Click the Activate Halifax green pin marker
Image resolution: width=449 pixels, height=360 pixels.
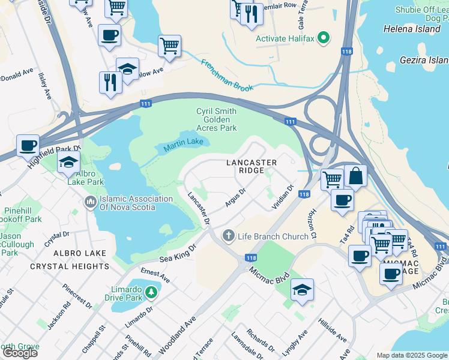point(324,38)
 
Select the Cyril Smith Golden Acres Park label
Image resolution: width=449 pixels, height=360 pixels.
point(216,119)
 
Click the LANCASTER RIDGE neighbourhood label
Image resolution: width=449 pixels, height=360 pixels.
point(251,167)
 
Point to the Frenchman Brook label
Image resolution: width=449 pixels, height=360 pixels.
point(227,75)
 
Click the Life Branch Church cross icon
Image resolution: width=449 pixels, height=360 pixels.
point(228,236)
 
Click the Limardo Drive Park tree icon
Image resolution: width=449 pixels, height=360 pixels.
point(152,292)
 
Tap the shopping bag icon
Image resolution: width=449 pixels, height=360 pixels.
point(355,176)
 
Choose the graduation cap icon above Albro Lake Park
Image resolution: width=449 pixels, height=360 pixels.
point(68,163)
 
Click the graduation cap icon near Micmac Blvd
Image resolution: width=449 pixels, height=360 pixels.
point(302,290)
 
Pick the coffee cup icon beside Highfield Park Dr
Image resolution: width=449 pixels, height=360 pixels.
point(28,145)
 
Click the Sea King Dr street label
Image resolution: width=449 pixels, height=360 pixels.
point(178,254)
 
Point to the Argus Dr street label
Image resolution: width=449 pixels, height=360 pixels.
point(236,199)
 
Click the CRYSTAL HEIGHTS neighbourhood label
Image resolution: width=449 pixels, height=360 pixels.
point(80,266)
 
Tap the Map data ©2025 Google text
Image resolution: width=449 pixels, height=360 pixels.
point(412,355)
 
